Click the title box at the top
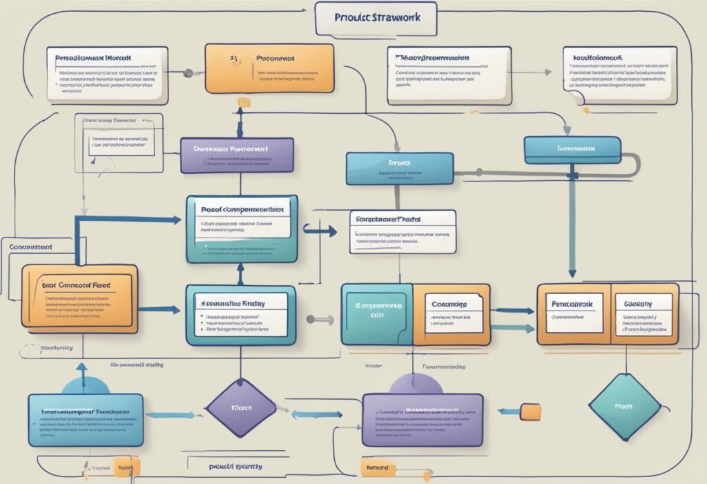click(x=376, y=18)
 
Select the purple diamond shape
click(x=241, y=408)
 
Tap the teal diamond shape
click(x=623, y=407)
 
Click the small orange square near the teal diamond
click(x=530, y=412)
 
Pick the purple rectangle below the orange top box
click(x=237, y=155)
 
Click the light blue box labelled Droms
click(x=400, y=168)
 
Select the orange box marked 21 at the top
click(x=269, y=68)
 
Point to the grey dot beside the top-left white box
click(x=188, y=72)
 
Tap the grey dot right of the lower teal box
click(x=310, y=319)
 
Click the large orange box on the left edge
click(x=79, y=298)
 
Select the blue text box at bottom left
click(x=86, y=420)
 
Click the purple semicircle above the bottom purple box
click(x=416, y=384)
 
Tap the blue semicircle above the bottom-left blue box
click(x=86, y=385)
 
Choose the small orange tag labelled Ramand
click(x=378, y=467)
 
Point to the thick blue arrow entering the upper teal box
click(x=128, y=220)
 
